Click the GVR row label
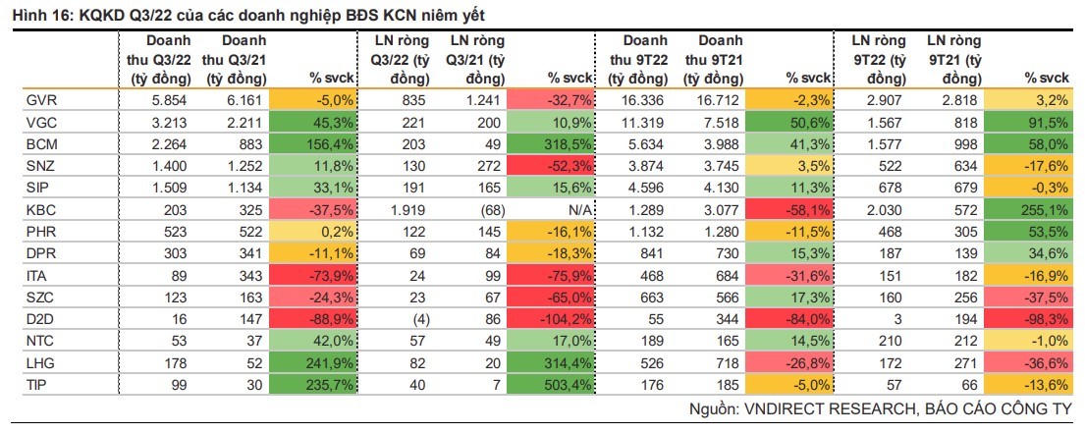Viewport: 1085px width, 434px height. coord(39,100)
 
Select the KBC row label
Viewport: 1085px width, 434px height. coord(39,209)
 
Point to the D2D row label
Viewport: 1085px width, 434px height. coord(39,317)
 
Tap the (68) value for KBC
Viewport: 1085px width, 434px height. coord(488,209)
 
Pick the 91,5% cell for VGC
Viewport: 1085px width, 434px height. coord(1048,122)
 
